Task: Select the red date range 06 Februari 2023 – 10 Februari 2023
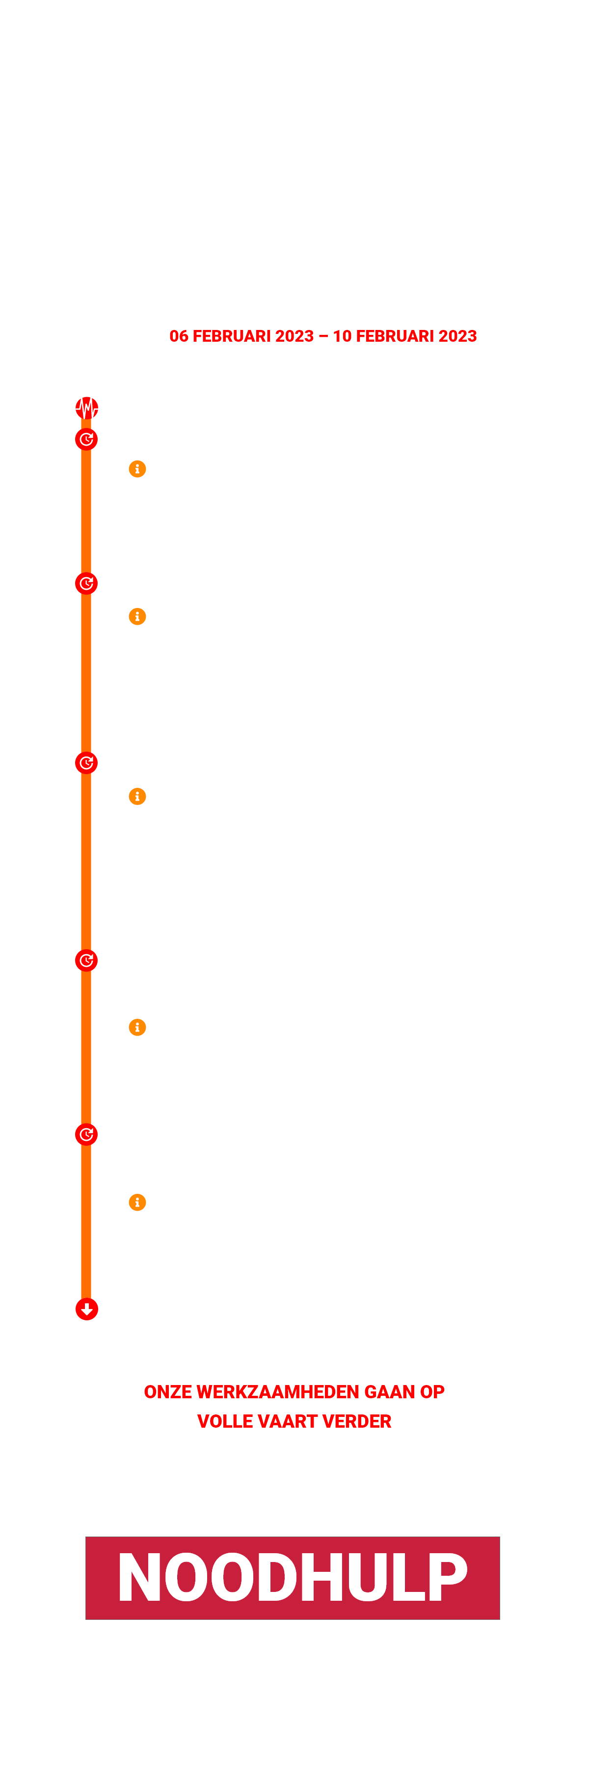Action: point(323,336)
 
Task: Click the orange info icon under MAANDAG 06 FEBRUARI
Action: point(137,469)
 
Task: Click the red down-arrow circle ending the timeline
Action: point(87,1309)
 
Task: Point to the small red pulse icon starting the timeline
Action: point(87,408)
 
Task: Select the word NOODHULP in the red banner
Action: point(293,1577)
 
